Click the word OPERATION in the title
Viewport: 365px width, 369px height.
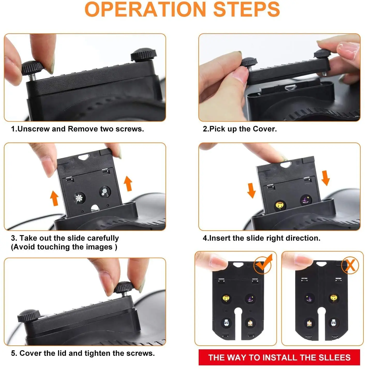point(145,9)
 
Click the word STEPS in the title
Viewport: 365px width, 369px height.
point(247,9)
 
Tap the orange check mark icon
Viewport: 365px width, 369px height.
point(263,264)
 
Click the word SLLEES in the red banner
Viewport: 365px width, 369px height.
point(334,357)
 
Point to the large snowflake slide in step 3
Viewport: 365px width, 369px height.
point(79,198)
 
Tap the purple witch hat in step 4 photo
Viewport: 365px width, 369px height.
point(306,200)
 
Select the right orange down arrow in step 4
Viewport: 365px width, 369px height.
point(325,178)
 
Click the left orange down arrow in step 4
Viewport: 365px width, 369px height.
point(251,190)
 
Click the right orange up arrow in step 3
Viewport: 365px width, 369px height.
point(128,183)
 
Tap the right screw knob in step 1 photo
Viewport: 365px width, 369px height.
point(143,54)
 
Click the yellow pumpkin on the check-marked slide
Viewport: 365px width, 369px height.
point(226,299)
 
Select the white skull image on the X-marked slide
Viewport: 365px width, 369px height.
point(334,323)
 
